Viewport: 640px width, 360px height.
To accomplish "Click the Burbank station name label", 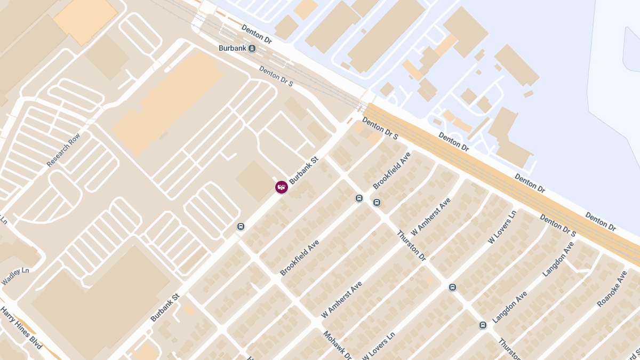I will [x=233, y=48].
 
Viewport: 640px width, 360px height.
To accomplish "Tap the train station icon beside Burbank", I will [x=252, y=49].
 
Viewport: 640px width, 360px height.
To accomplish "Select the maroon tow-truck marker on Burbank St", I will [x=282, y=187].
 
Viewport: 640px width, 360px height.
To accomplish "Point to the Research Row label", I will [x=63, y=150].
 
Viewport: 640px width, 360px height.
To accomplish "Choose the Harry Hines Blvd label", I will [x=21, y=327].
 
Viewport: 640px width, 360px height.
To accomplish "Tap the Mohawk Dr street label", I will [x=338, y=345].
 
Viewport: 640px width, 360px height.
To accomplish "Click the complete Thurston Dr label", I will [x=412, y=245].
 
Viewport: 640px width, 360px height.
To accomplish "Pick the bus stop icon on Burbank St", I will [x=241, y=227].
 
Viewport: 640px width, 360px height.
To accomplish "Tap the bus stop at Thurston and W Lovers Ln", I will [x=453, y=287].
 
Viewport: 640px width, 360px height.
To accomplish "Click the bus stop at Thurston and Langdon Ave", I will [x=483, y=325].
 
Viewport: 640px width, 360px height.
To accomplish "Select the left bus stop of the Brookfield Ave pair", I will [x=359, y=198].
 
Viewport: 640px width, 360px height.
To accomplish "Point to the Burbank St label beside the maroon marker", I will [x=303, y=170].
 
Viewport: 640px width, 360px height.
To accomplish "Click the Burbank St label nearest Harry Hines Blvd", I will [x=165, y=308].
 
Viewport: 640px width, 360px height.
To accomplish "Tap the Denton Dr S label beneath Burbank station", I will [x=276, y=76].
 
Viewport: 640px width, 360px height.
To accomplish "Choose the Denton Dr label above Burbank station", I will [x=257, y=34].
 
